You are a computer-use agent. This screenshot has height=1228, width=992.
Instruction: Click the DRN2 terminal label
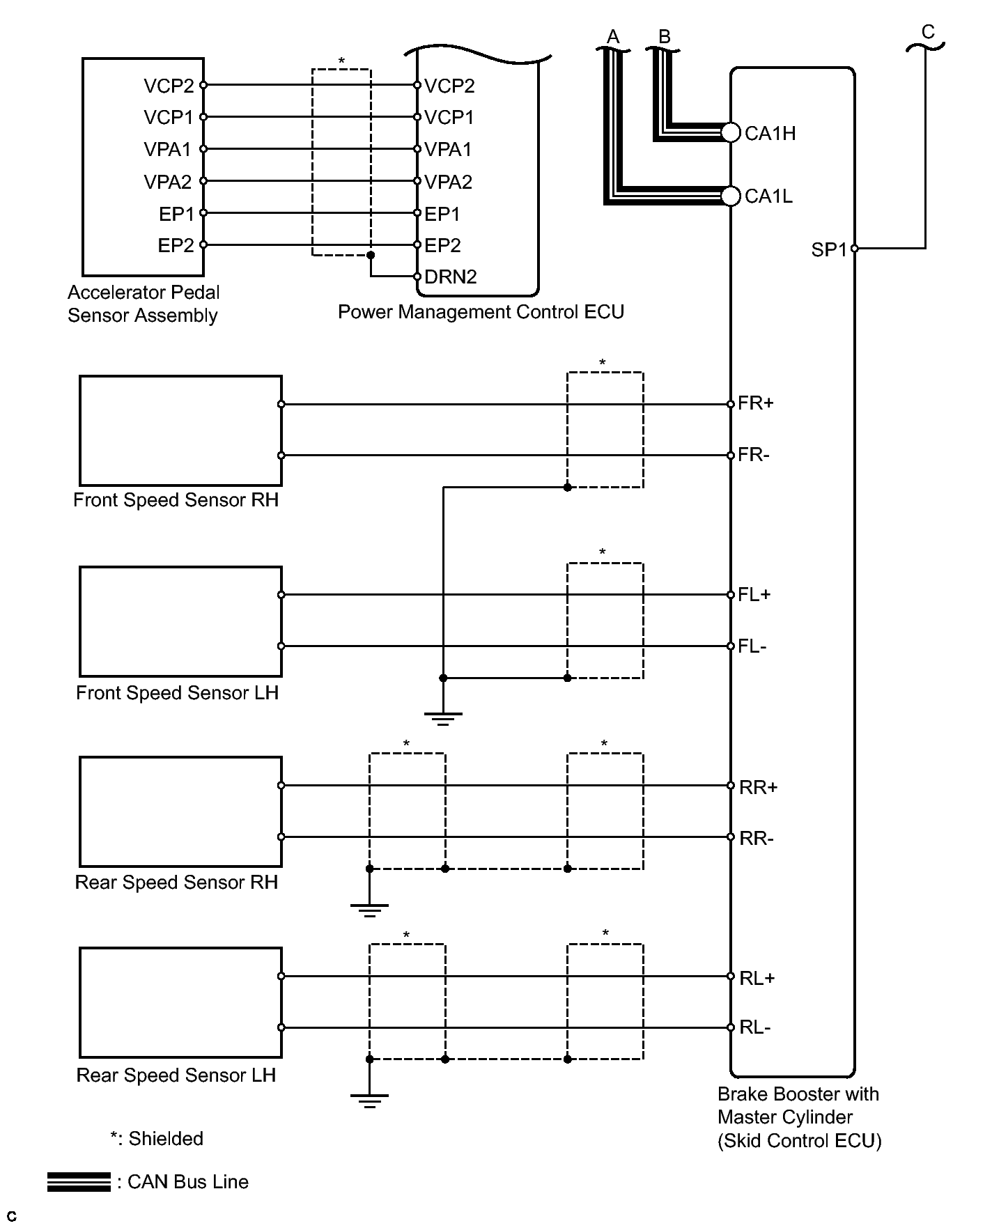tap(450, 277)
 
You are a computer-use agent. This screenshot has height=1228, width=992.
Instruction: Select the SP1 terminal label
tap(828, 249)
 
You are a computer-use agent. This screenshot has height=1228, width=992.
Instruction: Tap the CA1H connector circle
tap(730, 132)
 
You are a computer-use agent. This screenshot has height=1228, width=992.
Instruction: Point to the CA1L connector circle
tap(730, 196)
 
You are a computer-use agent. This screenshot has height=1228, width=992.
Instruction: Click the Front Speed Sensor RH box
tap(180, 430)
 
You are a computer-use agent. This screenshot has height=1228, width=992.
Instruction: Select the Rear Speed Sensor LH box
tap(180, 1002)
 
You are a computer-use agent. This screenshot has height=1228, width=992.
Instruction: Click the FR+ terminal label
tap(756, 403)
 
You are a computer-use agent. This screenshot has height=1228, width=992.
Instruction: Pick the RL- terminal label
tap(755, 1028)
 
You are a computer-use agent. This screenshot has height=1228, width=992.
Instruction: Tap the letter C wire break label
tap(927, 32)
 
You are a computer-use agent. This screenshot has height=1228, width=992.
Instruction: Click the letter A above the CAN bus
tap(613, 36)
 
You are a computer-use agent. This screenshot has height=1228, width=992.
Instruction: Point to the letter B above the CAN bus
tap(664, 36)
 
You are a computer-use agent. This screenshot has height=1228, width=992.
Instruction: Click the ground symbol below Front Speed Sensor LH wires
tap(443, 717)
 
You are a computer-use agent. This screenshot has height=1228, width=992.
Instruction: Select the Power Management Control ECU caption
tap(481, 311)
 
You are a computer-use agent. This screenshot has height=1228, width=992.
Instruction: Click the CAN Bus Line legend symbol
tap(79, 1182)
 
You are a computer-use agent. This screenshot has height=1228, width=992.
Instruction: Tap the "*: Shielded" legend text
tap(157, 1139)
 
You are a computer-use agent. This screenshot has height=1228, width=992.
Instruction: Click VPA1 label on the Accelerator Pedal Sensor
tap(167, 149)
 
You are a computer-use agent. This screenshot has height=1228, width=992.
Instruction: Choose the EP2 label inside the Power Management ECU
tap(442, 245)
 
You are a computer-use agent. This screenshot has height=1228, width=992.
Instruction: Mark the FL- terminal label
tap(752, 646)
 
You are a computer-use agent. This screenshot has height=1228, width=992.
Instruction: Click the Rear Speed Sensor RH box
tap(180, 811)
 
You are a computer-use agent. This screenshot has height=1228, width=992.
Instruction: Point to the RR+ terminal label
tap(758, 787)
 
